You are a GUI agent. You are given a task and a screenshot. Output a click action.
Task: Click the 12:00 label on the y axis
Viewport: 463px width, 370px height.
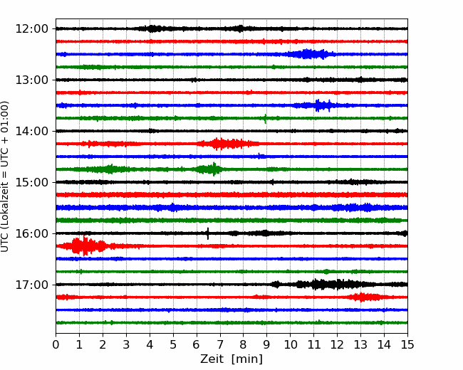[31, 29]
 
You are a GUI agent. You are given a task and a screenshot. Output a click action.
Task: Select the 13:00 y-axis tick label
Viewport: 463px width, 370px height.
[31, 80]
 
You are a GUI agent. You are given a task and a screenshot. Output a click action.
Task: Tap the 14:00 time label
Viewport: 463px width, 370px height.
[31, 131]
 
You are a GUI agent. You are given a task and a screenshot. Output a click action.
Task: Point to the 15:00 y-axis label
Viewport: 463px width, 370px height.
[31, 182]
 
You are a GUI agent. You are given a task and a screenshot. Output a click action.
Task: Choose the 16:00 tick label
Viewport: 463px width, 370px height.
[31, 233]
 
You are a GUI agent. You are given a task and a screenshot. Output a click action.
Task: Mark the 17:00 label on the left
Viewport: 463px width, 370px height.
[31, 285]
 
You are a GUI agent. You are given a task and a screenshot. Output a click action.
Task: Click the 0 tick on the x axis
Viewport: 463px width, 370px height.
[56, 344]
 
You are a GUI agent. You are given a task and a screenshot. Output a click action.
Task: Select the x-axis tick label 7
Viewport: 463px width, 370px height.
[220, 344]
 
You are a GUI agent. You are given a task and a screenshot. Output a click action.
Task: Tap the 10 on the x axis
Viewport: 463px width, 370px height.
[290, 344]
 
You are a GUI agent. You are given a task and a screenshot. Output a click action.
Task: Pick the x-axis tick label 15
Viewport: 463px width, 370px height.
[407, 344]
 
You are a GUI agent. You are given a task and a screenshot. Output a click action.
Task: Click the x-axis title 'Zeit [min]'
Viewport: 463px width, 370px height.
[231, 359]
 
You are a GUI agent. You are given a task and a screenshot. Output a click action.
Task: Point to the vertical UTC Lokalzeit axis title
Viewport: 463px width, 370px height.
[5, 176]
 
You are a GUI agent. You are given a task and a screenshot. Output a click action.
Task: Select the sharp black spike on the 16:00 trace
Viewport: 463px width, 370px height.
[208, 233]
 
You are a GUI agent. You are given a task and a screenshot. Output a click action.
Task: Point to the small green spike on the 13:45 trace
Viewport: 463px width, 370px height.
[265, 118]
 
